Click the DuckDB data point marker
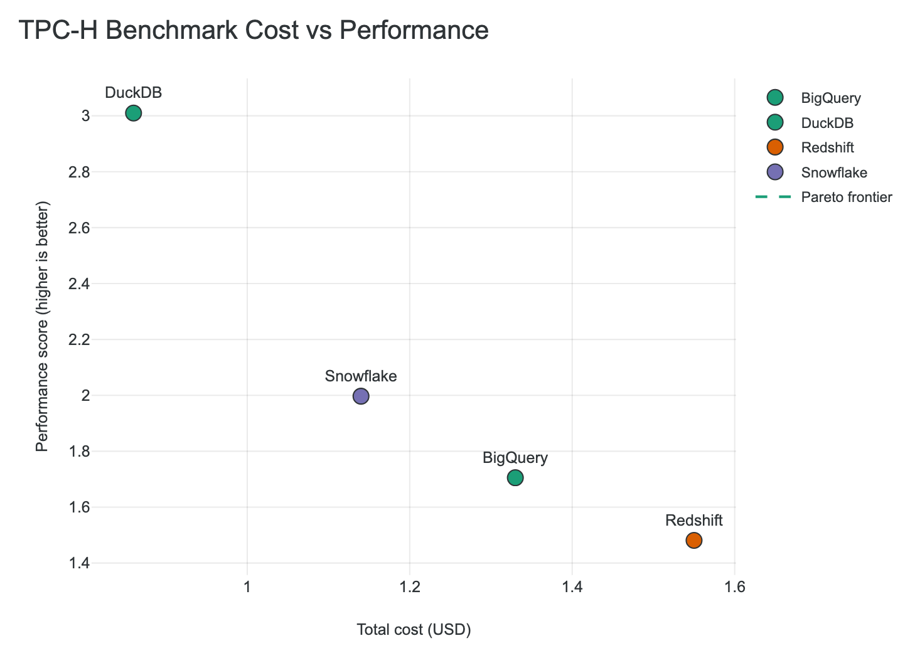pos(133,113)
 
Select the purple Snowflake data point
pos(361,396)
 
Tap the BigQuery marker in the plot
pos(515,478)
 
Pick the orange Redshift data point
pos(694,540)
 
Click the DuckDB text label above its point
pos(133,93)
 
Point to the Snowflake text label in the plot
pos(361,376)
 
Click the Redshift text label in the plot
pos(694,520)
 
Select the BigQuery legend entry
pos(830,98)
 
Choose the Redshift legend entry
pos(827,147)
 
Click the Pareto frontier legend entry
pos(846,197)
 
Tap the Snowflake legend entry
pos(833,173)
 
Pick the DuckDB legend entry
pos(827,123)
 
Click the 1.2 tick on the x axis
pos(410,587)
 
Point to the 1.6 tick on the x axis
pos(735,587)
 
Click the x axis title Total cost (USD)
pos(414,630)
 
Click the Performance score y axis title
pos(42,326)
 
